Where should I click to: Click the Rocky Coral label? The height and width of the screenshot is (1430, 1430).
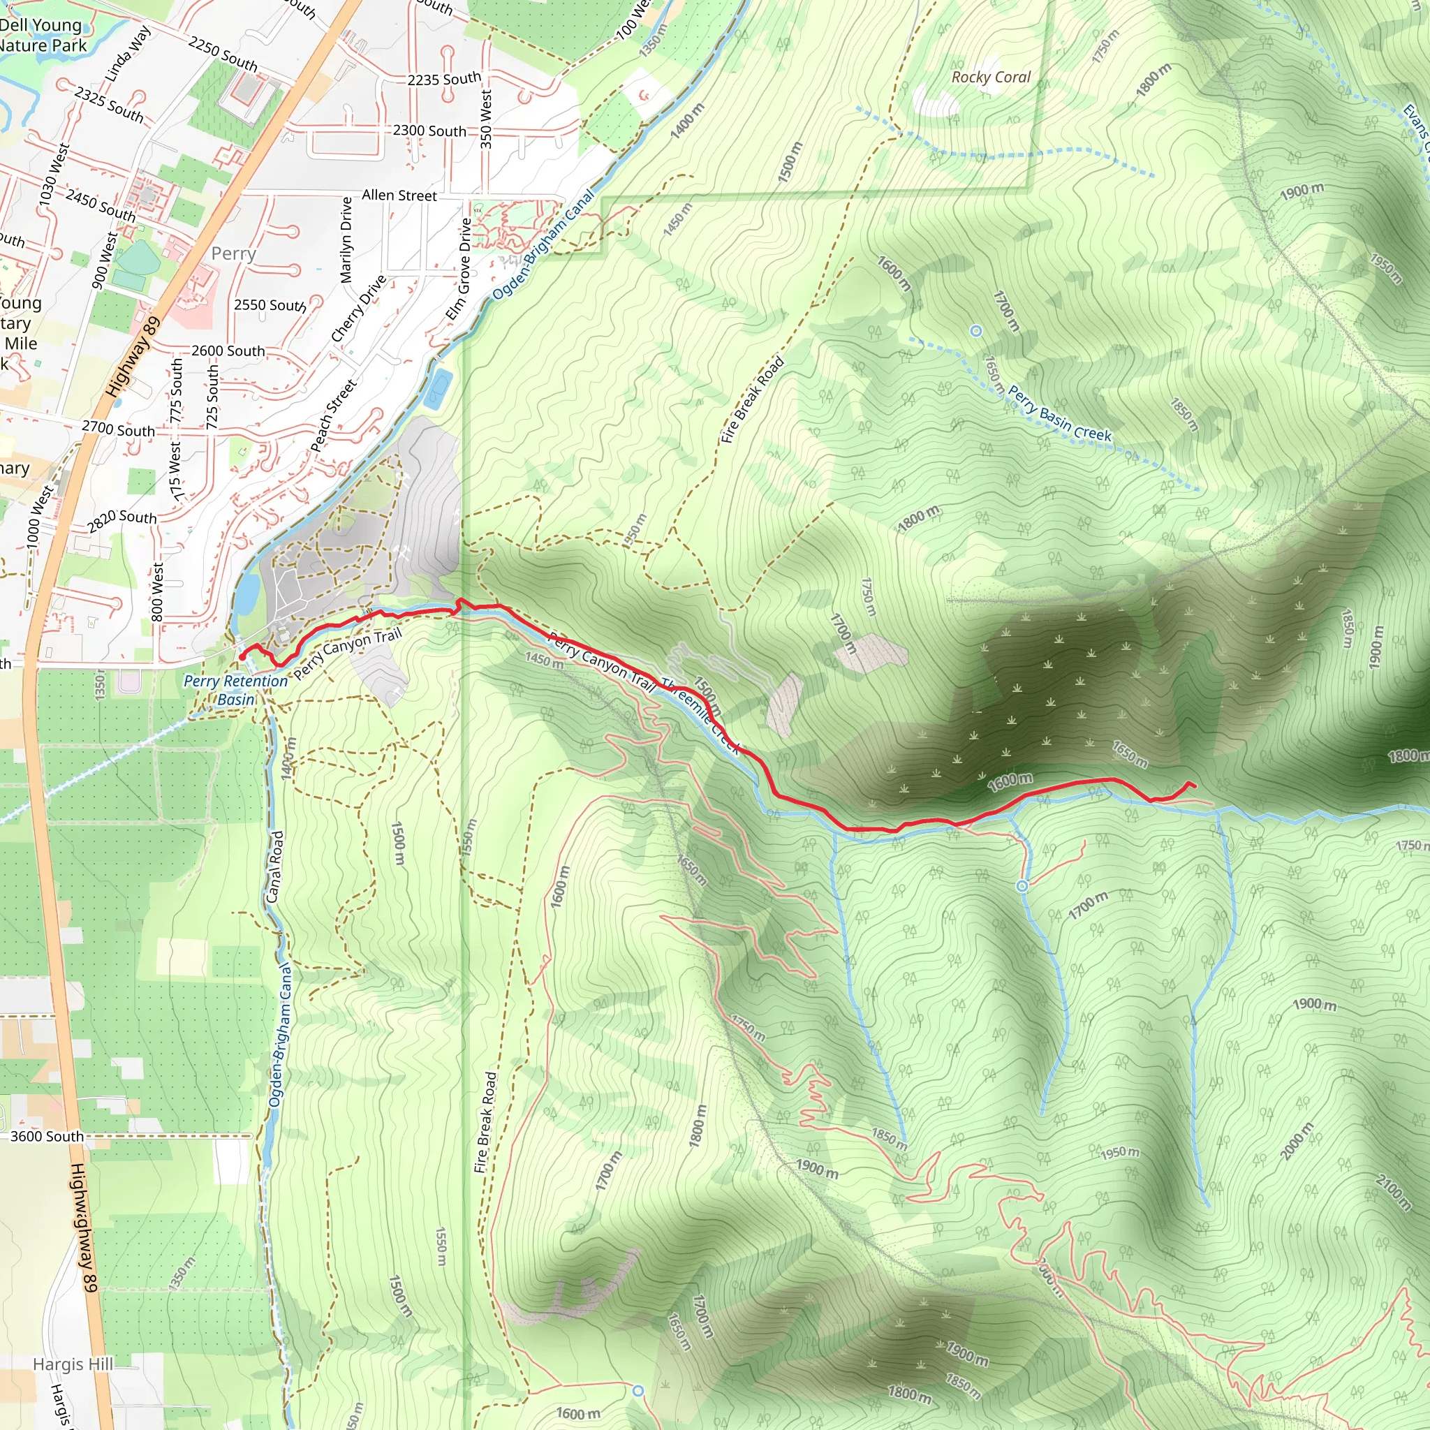990,77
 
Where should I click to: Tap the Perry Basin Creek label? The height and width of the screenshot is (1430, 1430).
1059,414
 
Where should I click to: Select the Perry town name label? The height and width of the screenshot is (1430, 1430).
234,254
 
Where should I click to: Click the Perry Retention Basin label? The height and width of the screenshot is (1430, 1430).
235,690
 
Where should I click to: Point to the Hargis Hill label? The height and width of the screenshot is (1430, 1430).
73,1364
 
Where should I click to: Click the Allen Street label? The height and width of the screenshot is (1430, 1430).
399,196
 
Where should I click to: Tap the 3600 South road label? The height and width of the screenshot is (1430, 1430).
47,1136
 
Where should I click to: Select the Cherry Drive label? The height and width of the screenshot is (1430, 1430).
358,309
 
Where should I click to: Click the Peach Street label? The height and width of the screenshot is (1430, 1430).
333,415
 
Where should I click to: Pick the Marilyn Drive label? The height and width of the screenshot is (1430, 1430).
346,239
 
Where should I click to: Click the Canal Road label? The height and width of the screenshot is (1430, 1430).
274,867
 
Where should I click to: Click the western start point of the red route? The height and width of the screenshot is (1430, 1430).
242,656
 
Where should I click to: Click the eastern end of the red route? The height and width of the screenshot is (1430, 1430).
1195,786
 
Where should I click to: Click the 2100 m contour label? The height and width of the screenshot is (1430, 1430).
1393,1193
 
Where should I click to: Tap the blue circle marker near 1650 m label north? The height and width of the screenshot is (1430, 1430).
975,331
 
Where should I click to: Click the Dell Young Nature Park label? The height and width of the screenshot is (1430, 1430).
43,35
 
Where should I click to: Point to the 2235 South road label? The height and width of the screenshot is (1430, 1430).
444,79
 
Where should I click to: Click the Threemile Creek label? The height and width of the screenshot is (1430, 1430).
700,716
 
